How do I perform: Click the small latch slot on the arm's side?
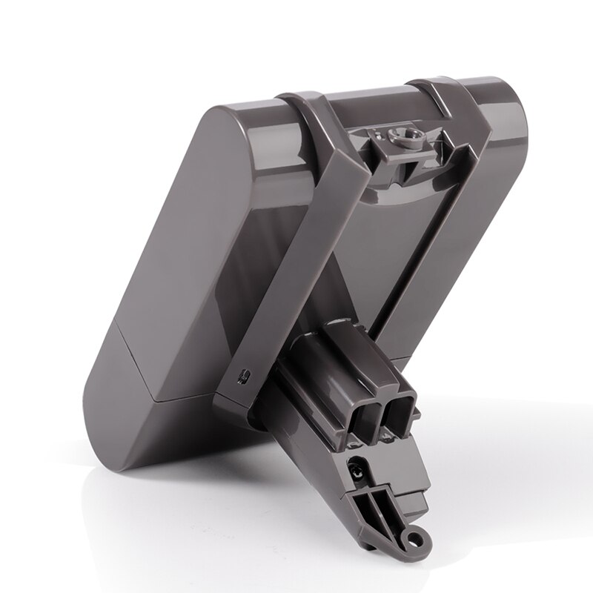point(242,377)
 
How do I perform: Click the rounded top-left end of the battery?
point(215,111)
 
